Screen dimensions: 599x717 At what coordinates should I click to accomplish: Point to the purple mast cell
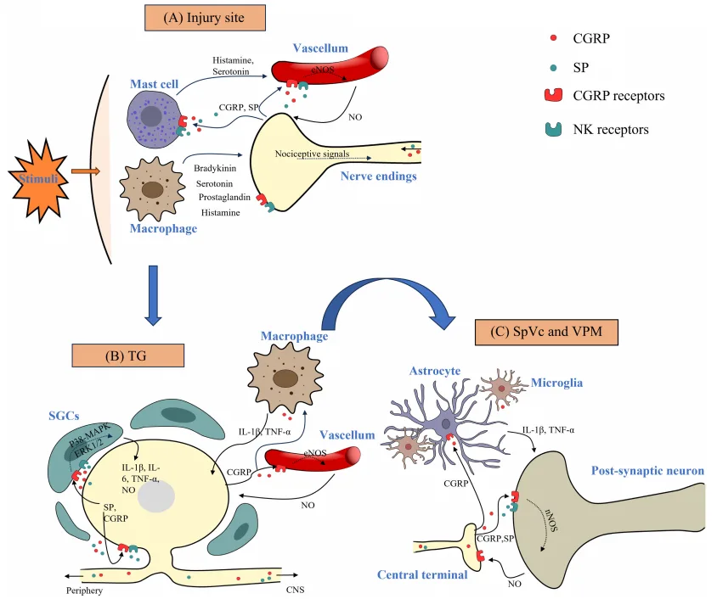click(154, 115)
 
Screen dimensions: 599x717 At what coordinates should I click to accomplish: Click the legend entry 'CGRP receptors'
click(618, 95)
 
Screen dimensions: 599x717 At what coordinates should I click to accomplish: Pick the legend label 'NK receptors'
click(612, 129)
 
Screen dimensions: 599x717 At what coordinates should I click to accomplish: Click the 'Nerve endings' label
click(377, 176)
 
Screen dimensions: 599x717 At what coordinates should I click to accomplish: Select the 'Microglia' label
click(557, 383)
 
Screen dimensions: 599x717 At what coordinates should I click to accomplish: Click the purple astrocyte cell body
click(445, 422)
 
